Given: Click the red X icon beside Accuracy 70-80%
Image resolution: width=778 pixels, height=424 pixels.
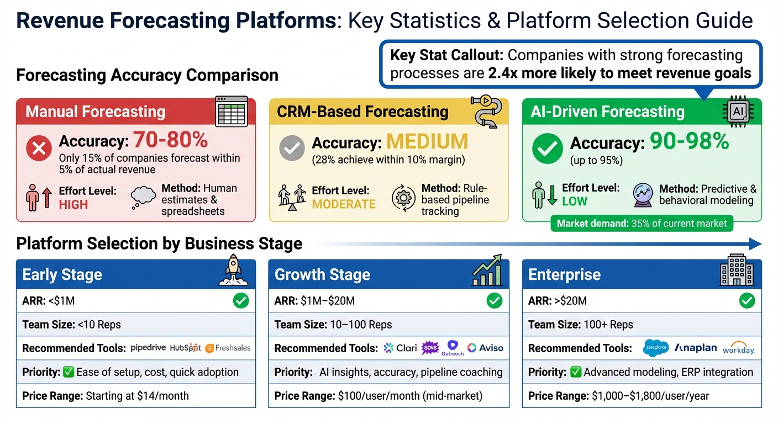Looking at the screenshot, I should coord(39,148).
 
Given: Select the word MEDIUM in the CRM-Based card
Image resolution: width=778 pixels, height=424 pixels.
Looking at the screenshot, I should coord(427,142).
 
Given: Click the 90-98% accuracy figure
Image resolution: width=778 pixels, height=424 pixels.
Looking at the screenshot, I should coord(689,142).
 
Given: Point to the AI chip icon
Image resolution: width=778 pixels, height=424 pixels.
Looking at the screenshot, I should coord(738,111).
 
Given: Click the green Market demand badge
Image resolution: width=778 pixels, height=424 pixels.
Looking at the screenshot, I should coord(642,224).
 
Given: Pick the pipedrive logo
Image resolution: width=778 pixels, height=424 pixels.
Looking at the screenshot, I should coord(148,348).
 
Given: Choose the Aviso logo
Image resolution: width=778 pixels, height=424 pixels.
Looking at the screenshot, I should coord(485,348).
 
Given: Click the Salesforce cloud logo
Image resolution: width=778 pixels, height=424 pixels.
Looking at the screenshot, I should coord(656,348).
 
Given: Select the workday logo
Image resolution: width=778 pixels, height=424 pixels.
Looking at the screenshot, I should coord(738,349).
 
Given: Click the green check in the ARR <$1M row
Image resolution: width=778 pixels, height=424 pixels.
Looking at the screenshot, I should coord(241,301).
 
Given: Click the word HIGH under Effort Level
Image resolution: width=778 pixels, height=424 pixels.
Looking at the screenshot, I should coord(73,204).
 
